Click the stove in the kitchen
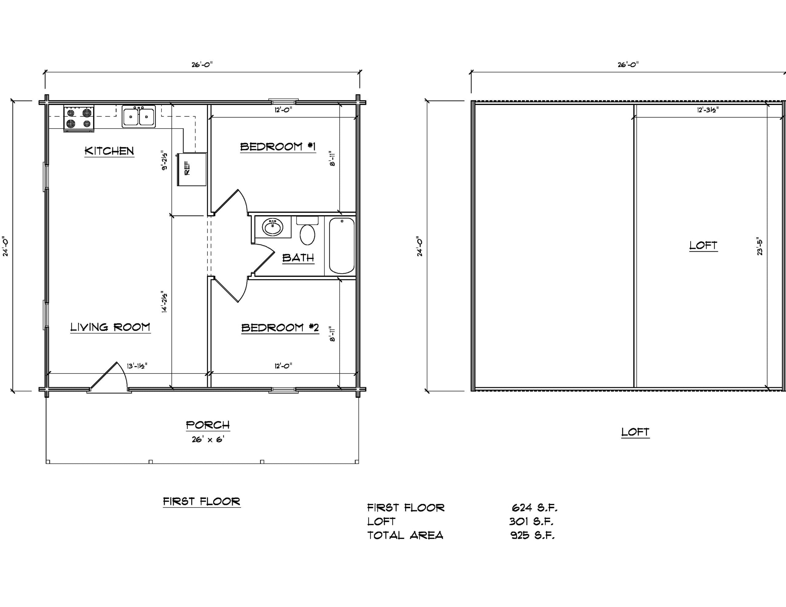79,118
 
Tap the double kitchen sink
138,116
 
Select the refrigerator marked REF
192,169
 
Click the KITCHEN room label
109,151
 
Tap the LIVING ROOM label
110,327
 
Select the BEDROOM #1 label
278,147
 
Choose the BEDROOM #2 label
280,328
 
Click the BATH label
298,258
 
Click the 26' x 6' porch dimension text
208,439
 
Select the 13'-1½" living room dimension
137,366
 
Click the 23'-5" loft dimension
759,246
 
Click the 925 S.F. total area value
533,535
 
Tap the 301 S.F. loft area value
531,521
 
